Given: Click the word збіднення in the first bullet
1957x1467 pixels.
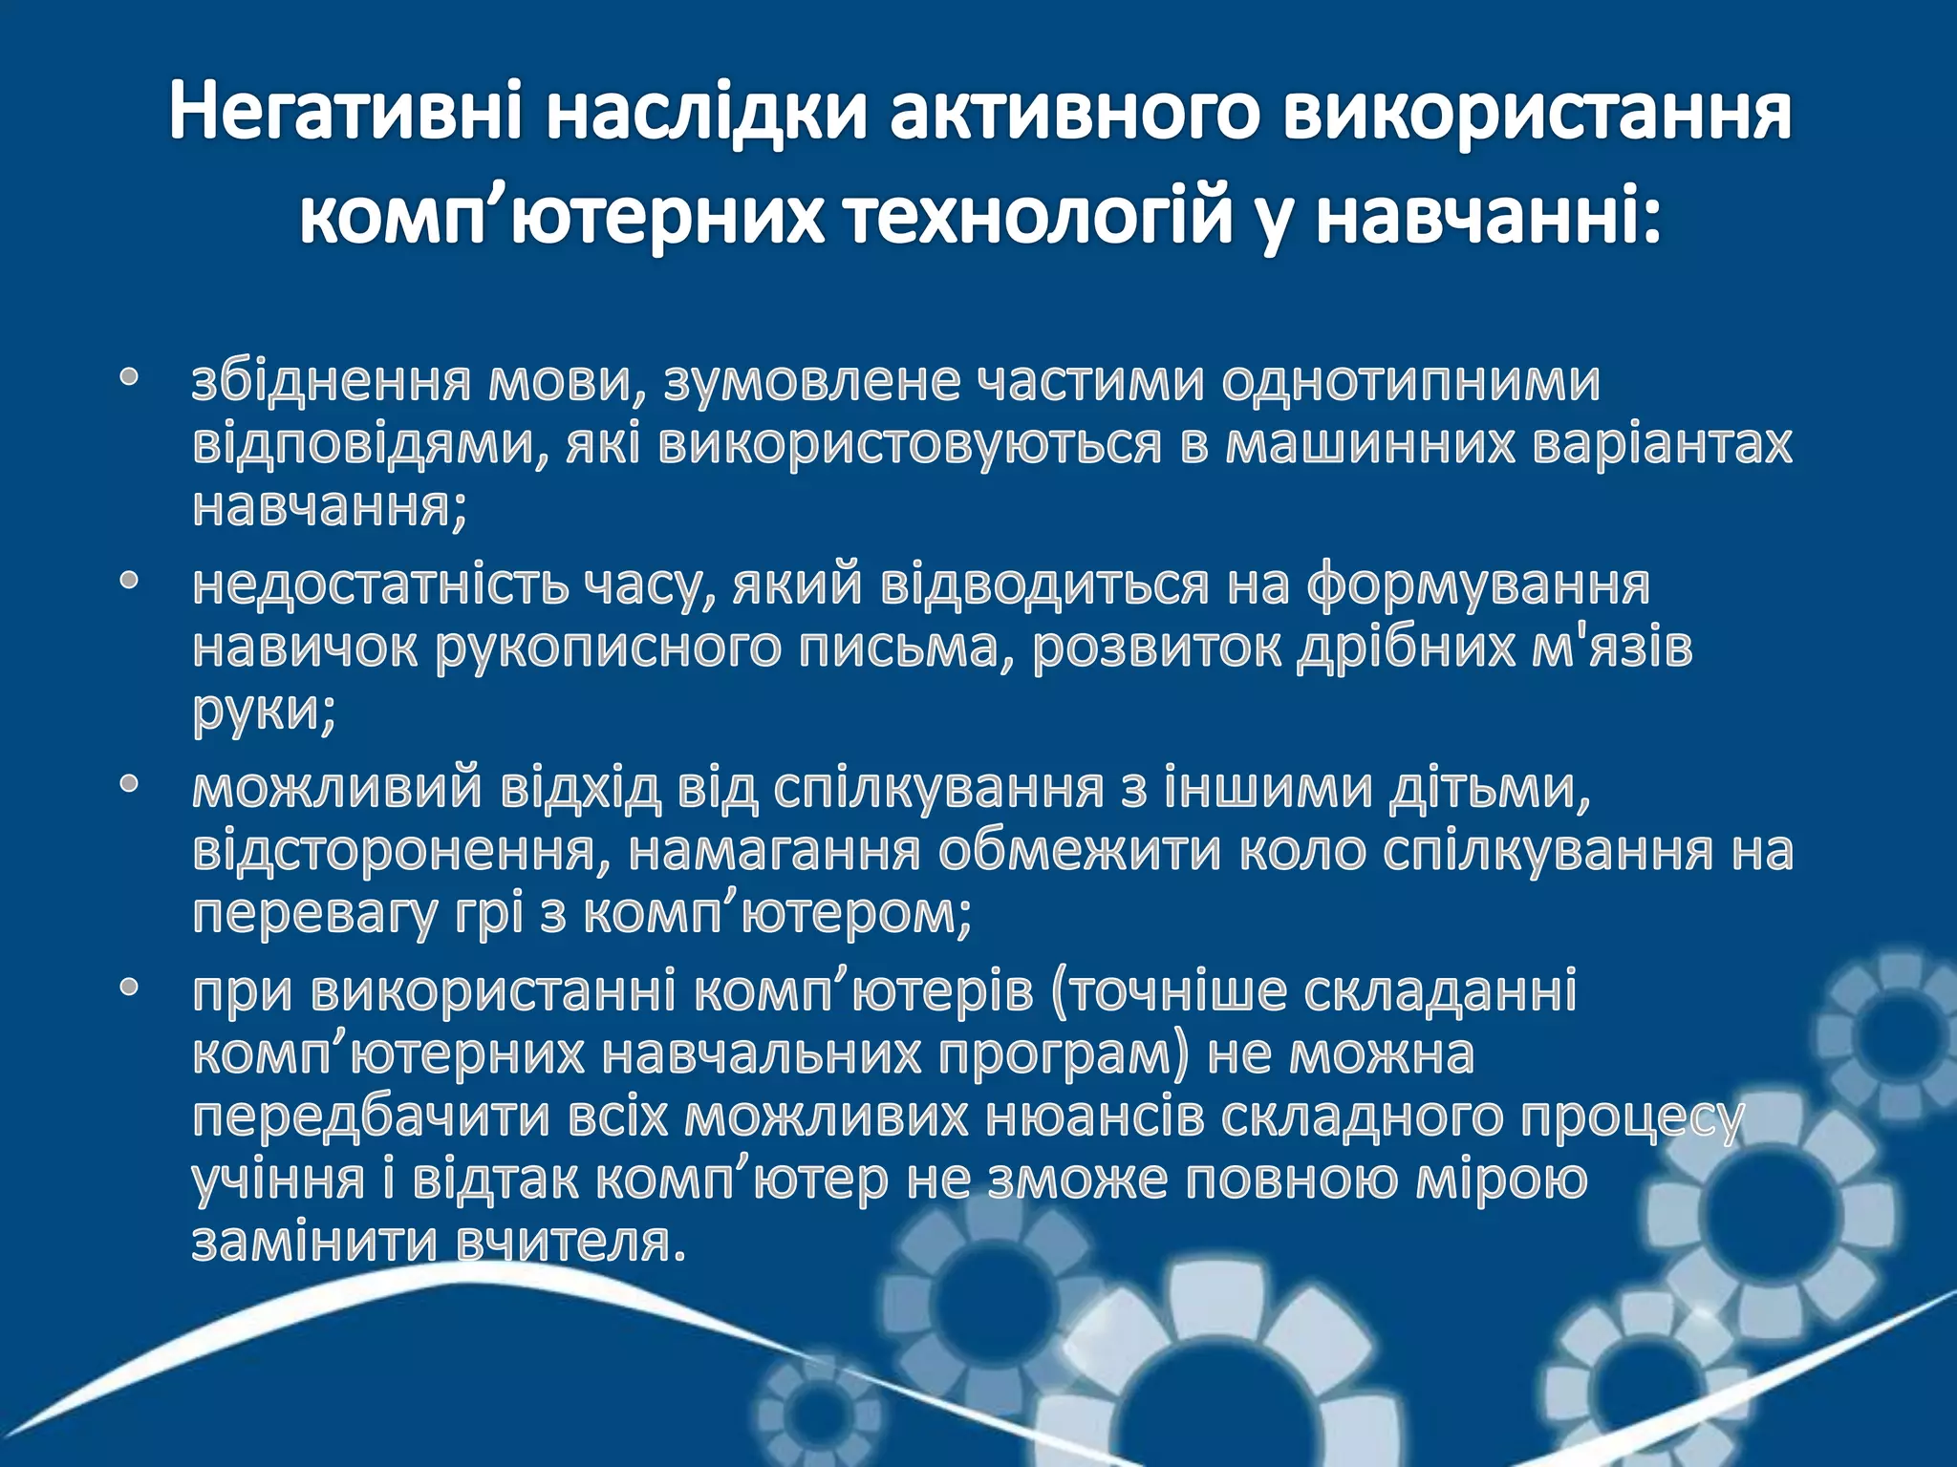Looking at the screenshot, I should tap(331, 381).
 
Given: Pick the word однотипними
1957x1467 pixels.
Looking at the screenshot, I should tap(1410, 381).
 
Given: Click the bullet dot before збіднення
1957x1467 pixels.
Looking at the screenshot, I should tap(130, 379).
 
